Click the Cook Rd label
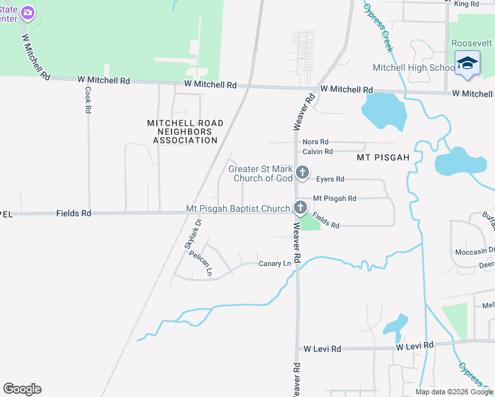click(x=87, y=100)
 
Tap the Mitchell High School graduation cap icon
click(x=467, y=64)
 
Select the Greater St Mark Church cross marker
click(x=302, y=173)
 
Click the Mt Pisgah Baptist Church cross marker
click(x=300, y=208)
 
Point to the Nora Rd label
click(x=315, y=142)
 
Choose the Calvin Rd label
click(x=318, y=152)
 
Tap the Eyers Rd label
click(x=330, y=179)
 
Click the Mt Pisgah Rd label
click(x=334, y=198)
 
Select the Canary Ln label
click(x=275, y=263)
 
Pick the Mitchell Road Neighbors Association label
click(x=185, y=132)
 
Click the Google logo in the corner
click(x=22, y=389)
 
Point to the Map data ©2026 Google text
click(x=453, y=392)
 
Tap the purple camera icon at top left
click(x=27, y=13)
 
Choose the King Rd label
click(x=466, y=4)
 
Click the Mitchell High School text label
click(x=413, y=67)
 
